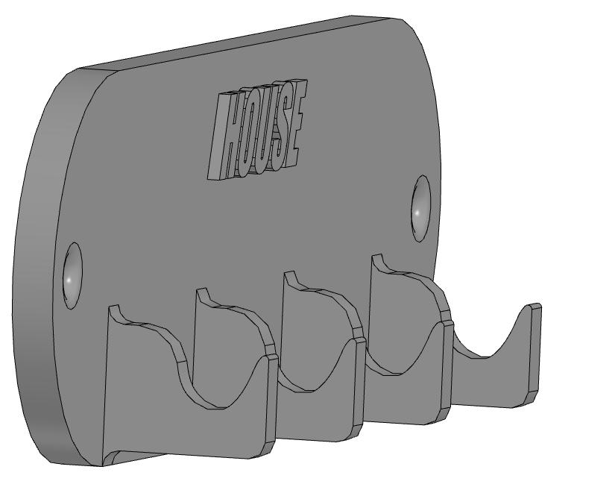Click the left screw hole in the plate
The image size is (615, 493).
72,275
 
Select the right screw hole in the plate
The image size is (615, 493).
420,208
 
